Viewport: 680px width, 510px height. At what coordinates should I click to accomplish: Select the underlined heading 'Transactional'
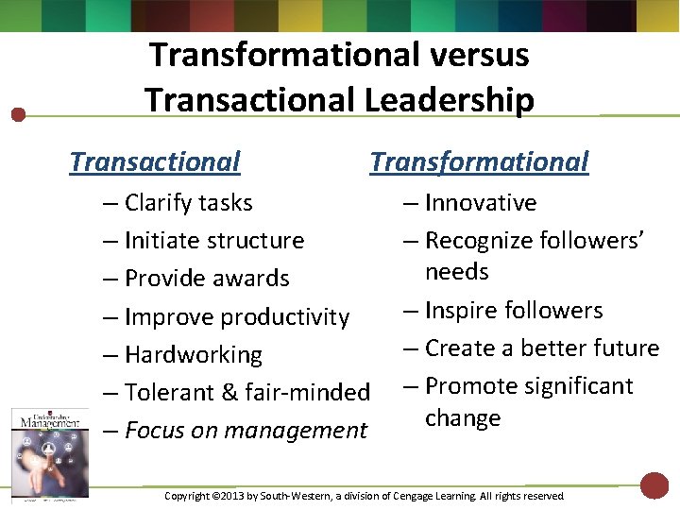click(x=155, y=162)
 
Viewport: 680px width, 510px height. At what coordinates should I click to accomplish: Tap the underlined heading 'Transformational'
click(x=479, y=162)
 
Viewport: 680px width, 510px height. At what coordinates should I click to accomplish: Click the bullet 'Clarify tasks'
click(x=188, y=203)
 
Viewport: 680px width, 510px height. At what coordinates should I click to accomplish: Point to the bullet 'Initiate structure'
click(x=213, y=241)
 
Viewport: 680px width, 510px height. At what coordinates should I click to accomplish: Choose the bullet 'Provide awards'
click(x=206, y=279)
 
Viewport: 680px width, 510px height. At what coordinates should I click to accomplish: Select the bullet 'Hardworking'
click(x=193, y=355)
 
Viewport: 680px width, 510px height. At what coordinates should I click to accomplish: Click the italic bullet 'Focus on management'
click(x=245, y=431)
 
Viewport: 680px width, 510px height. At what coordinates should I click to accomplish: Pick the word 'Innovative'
click(x=481, y=203)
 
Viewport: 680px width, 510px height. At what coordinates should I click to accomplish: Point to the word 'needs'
click(x=457, y=272)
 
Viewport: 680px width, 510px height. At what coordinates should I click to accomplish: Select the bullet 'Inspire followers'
click(x=513, y=311)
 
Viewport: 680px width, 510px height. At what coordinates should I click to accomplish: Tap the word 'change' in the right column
click(x=463, y=418)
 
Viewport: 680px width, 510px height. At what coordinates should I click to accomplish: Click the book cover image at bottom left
click(x=49, y=451)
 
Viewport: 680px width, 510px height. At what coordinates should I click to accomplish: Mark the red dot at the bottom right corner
click(x=654, y=485)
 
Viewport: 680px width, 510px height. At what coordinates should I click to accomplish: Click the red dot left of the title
click(x=18, y=115)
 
